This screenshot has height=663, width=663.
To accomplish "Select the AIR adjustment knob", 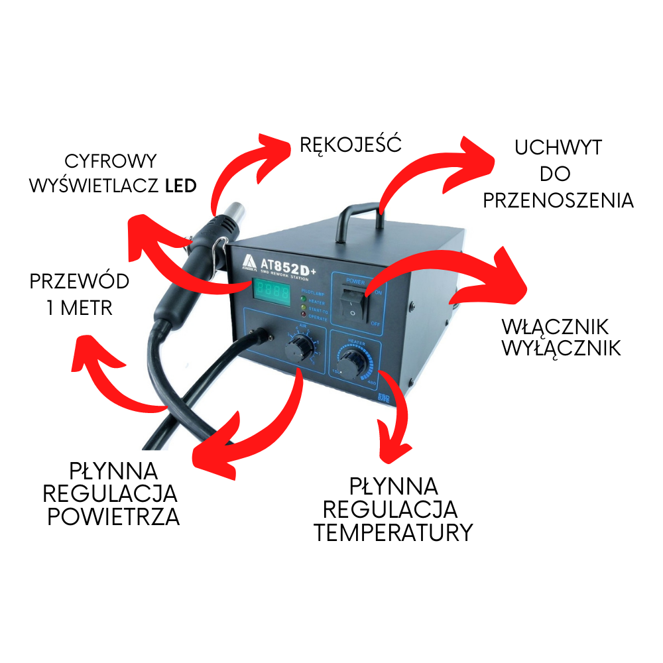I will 302,347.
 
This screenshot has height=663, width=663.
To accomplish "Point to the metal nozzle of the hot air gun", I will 234,213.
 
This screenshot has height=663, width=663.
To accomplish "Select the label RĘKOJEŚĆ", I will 350,144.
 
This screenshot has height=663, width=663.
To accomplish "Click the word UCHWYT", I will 558,148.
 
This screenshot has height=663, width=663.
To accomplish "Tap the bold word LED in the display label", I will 180,186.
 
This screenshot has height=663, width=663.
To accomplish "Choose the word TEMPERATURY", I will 393,532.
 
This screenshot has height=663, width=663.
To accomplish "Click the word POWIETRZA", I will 113,516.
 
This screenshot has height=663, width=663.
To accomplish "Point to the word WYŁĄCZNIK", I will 561,348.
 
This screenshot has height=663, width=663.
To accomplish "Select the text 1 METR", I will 79,308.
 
